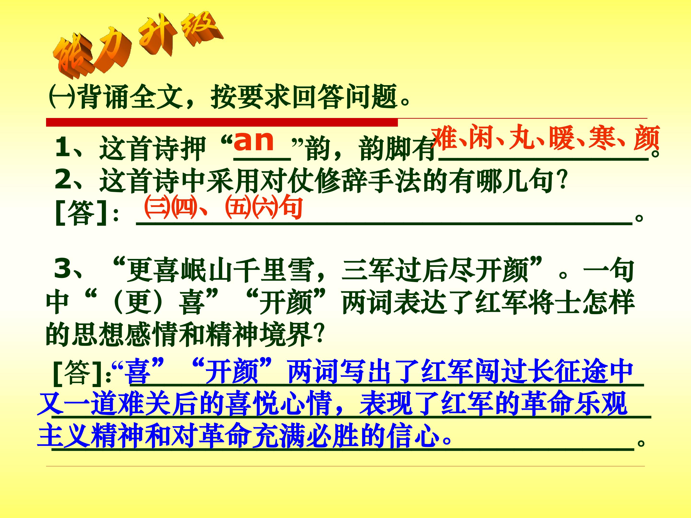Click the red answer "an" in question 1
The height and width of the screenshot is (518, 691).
click(x=254, y=141)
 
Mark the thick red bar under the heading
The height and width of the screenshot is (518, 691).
click(x=222, y=122)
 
